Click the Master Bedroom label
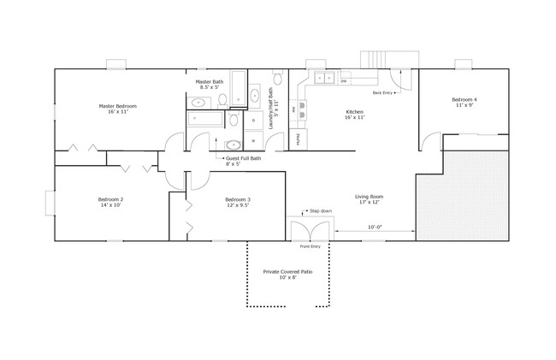click(x=117, y=109)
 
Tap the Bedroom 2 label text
click(x=110, y=203)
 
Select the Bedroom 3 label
click(x=214, y=203)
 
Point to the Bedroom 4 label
click(x=464, y=103)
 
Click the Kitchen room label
click(x=354, y=115)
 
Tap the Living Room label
click(x=369, y=200)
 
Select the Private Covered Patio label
click(x=287, y=274)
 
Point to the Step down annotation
click(x=319, y=210)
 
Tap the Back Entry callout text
click(x=382, y=92)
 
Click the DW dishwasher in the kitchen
click(x=343, y=81)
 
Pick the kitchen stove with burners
click(x=302, y=109)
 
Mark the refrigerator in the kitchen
click(x=299, y=138)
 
